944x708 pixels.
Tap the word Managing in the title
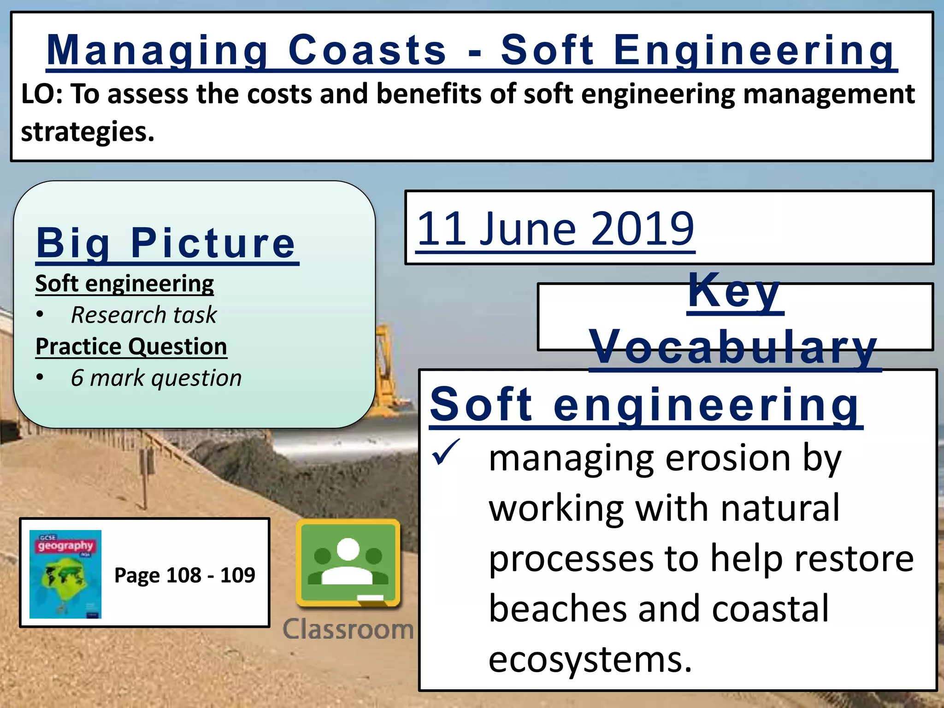(x=157, y=51)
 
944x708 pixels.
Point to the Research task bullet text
(x=143, y=315)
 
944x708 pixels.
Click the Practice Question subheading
(x=131, y=346)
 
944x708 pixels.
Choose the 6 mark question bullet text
(x=156, y=378)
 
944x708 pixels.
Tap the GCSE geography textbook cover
(x=65, y=574)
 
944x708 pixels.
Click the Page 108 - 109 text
(x=184, y=575)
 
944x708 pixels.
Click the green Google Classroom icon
(x=348, y=563)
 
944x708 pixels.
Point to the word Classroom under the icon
(x=348, y=629)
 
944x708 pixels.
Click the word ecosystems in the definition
(x=590, y=659)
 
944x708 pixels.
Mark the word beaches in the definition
(x=558, y=608)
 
